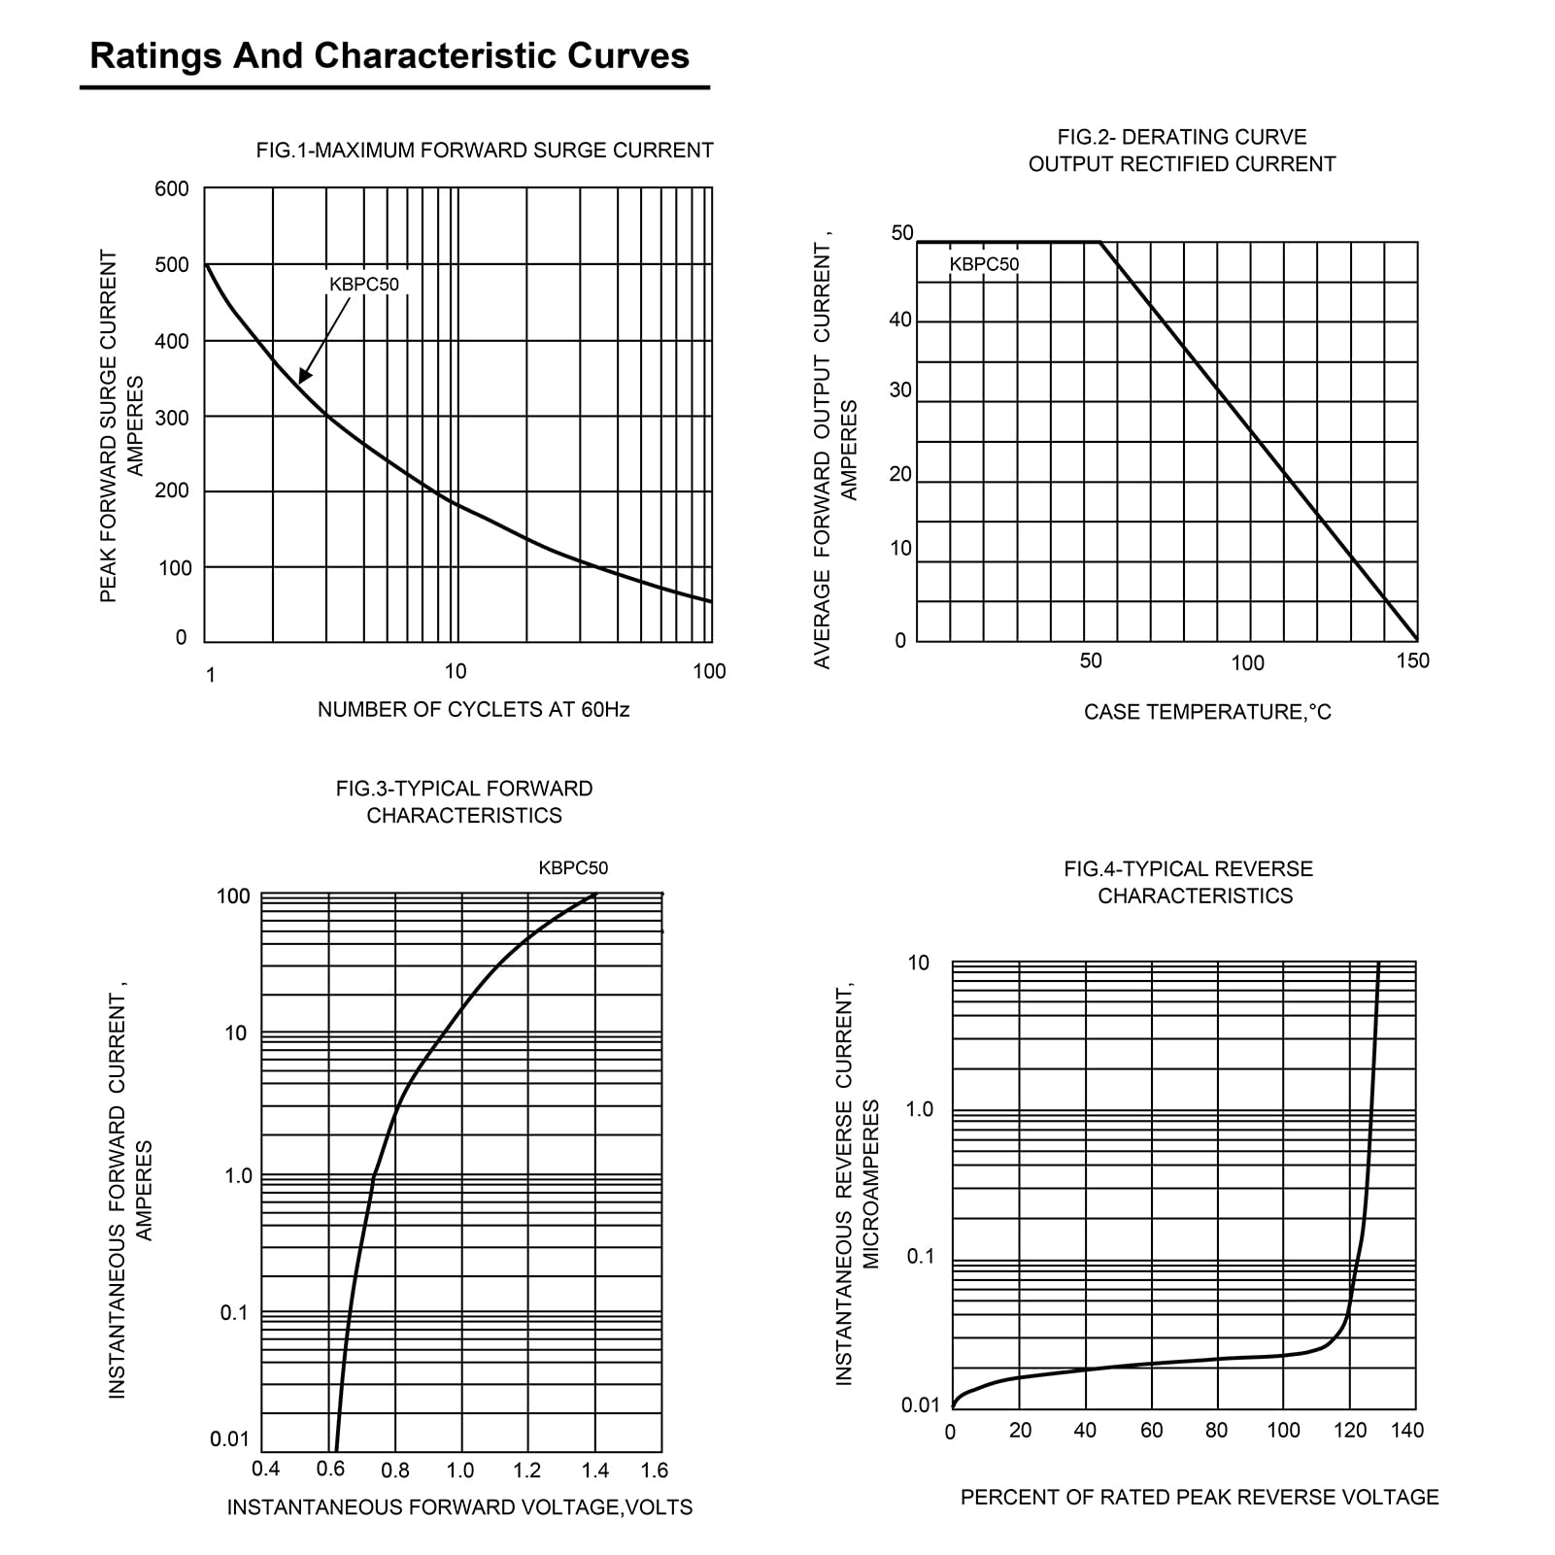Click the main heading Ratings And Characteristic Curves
(389, 56)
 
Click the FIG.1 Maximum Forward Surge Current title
(485, 151)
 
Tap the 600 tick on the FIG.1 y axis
(172, 188)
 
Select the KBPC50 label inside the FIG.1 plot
(364, 285)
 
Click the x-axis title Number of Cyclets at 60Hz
(473, 710)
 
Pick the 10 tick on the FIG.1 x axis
(455, 671)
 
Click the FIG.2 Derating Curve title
(1182, 151)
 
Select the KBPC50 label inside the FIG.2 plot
(984, 264)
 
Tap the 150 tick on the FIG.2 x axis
(1412, 661)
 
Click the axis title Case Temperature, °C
(1207, 713)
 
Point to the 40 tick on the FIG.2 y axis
(900, 321)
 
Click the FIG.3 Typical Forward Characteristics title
(464, 802)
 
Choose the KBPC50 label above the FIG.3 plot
(573, 868)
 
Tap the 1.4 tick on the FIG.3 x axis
(594, 1470)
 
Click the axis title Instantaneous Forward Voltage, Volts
(459, 1507)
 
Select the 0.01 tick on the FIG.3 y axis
(230, 1438)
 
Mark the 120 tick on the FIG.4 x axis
(1350, 1431)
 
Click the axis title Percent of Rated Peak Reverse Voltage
(1200, 1498)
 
